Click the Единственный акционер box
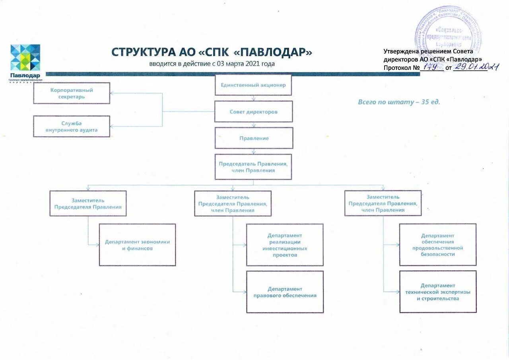[x=253, y=85]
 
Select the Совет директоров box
[x=254, y=112]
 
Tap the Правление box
[x=254, y=138]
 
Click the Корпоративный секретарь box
[x=72, y=93]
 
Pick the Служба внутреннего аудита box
[x=72, y=127]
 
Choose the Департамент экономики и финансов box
[x=137, y=245]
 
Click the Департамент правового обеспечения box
[x=285, y=292]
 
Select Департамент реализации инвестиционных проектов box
[x=285, y=245]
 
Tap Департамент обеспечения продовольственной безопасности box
[x=438, y=245]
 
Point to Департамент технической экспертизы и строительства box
[x=438, y=292]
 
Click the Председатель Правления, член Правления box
[x=253, y=167]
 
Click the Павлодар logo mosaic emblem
[x=25, y=58]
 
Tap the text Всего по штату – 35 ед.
[x=399, y=102]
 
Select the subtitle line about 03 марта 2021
[x=212, y=64]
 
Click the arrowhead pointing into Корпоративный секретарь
[x=112, y=93]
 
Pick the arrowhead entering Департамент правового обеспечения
[x=245, y=292]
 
